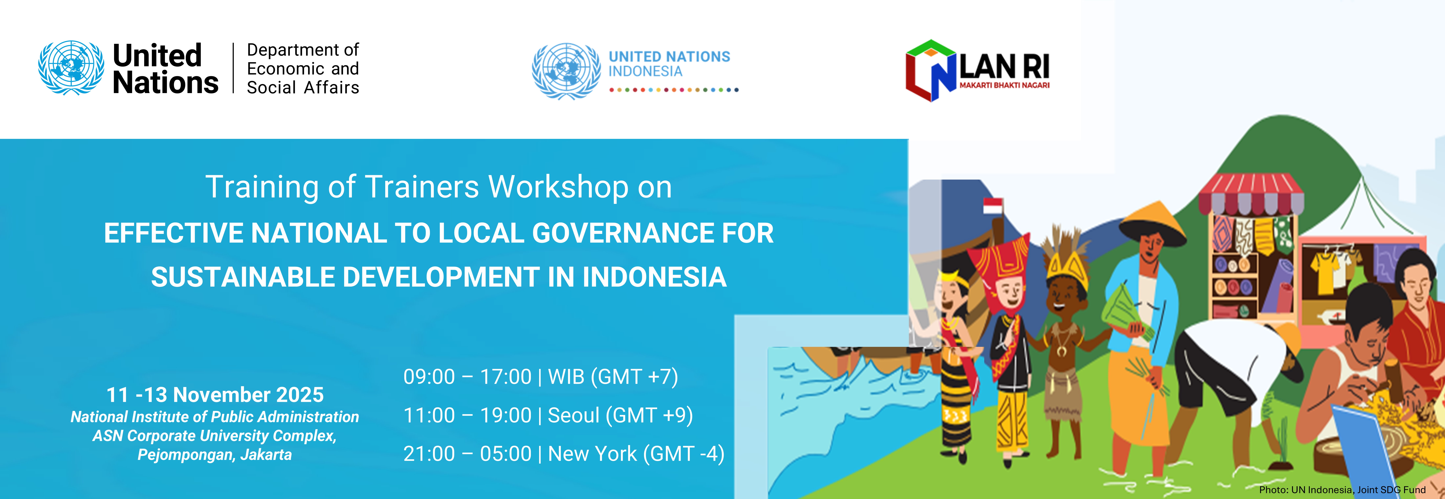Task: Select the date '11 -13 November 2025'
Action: pos(215,395)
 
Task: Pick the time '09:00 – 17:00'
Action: pos(467,377)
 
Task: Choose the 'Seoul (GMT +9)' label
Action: pos(620,415)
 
